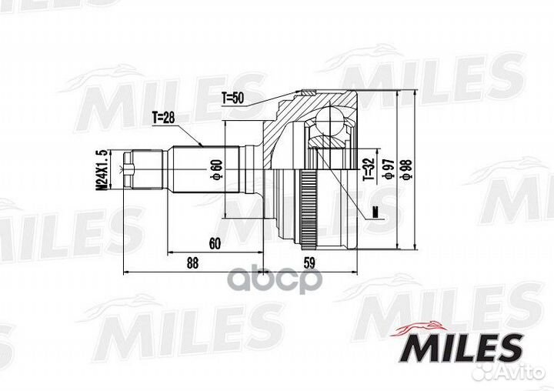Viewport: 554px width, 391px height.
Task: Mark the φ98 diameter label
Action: coord(409,168)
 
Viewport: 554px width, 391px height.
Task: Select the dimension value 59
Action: coord(309,262)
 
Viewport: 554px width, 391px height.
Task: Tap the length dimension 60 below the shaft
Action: coord(215,244)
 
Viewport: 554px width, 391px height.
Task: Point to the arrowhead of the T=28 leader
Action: coord(202,145)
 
